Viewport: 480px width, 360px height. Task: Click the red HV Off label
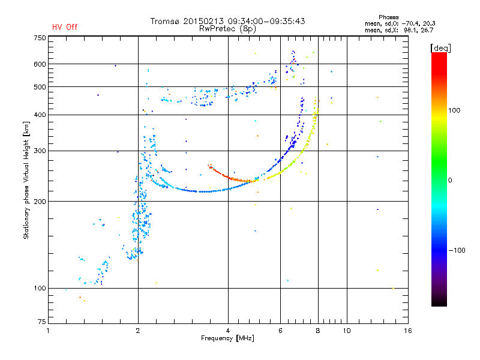[64, 27]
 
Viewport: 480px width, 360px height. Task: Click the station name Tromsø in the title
[166, 21]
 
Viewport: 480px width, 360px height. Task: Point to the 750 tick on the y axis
[40, 38]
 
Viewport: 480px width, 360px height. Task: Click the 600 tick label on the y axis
[40, 64]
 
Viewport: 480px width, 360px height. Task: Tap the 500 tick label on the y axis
[40, 87]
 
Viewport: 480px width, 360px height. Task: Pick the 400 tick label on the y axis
[40, 115]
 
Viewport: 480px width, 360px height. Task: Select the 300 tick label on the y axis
[40, 151]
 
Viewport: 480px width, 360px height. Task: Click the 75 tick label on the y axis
[41, 324]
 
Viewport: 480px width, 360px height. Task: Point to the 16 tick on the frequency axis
[407, 331]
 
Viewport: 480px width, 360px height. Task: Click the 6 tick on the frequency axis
[280, 331]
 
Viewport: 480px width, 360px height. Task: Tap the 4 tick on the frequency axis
[228, 331]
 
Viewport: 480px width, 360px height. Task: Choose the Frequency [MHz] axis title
[227, 339]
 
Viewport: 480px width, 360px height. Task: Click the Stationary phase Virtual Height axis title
[27, 180]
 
